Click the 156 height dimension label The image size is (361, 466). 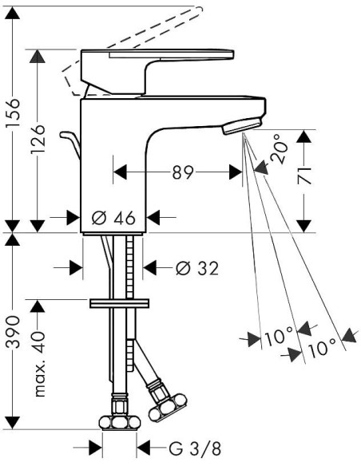14,113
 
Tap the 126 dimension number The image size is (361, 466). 38,139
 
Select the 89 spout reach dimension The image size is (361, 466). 183,172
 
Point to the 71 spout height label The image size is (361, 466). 305,176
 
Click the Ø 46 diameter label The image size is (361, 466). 114,218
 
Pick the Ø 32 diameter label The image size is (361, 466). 197,268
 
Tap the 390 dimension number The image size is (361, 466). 14,332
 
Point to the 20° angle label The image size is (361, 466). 279,149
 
